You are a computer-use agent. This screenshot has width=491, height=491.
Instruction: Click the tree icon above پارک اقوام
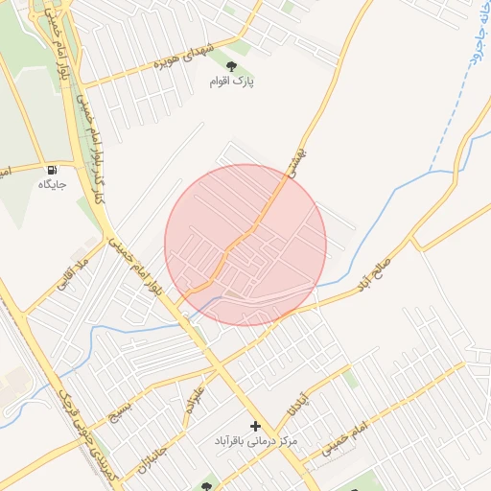coord(231,65)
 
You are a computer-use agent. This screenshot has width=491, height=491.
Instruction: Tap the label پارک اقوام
coord(231,82)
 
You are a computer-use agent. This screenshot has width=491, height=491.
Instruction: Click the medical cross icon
coord(255,425)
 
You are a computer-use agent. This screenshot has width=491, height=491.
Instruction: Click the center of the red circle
coord(245,245)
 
